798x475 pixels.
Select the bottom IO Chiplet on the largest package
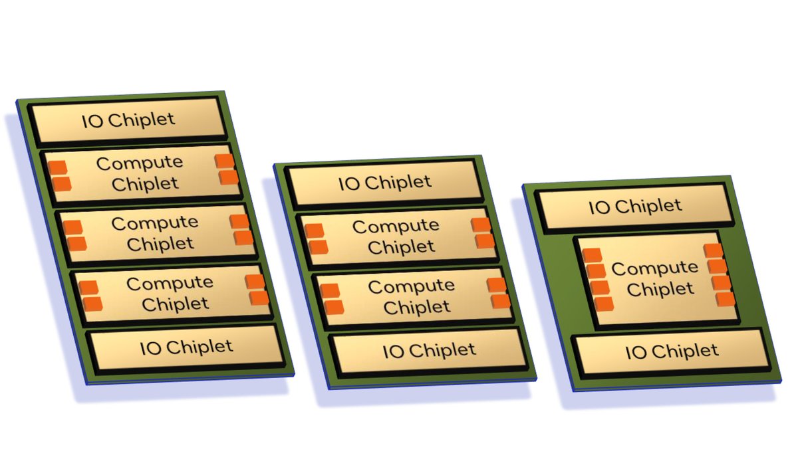pyautogui.click(x=186, y=347)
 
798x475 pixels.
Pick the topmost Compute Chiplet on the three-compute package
pyautogui.click(x=139, y=173)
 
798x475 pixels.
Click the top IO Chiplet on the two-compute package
pyautogui.click(x=384, y=183)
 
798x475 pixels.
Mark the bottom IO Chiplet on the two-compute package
pyautogui.click(x=429, y=350)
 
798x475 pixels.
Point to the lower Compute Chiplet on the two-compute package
pyautogui.click(x=412, y=296)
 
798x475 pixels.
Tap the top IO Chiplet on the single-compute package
pyautogui.click(x=635, y=206)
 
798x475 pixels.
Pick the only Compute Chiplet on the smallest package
pyautogui.click(x=654, y=278)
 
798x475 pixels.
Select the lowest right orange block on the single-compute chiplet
pyautogui.click(x=726, y=298)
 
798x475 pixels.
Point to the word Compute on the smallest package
pyautogui.click(x=654, y=268)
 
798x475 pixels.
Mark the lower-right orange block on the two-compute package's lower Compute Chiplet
pyautogui.click(x=501, y=300)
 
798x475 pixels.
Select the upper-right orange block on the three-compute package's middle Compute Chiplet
pyautogui.click(x=239, y=222)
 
